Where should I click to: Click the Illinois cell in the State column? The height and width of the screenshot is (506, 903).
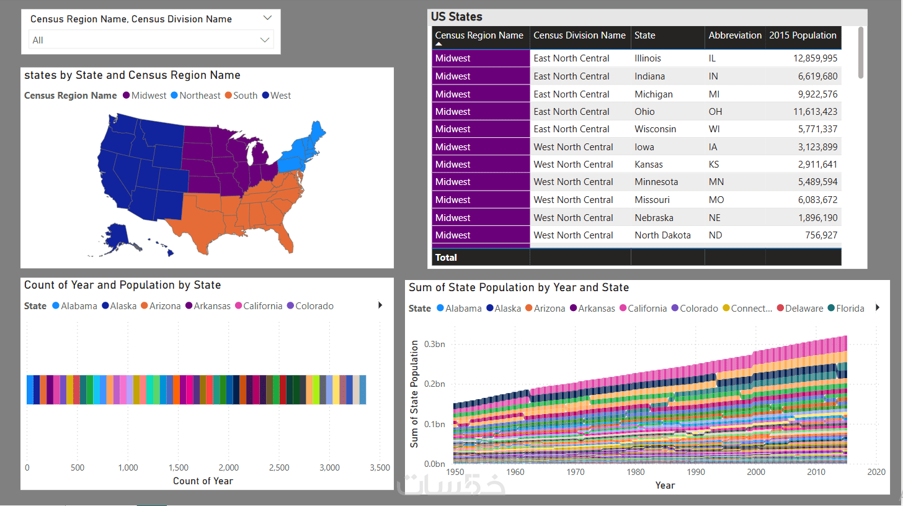click(647, 58)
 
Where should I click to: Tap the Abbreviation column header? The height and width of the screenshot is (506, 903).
click(735, 35)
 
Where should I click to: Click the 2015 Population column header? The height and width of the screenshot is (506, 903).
click(803, 35)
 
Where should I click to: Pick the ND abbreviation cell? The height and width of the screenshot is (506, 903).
click(716, 235)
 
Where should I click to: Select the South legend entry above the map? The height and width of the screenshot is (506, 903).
click(245, 96)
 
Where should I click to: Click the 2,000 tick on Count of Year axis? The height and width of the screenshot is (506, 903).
click(229, 468)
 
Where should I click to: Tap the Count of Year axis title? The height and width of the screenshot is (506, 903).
click(203, 481)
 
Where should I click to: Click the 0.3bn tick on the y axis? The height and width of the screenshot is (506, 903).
click(434, 344)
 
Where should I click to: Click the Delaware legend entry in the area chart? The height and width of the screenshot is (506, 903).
click(804, 309)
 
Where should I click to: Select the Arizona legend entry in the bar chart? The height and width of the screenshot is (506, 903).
click(165, 306)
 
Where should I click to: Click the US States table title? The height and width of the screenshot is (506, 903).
click(456, 17)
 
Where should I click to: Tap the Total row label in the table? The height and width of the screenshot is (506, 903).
click(446, 258)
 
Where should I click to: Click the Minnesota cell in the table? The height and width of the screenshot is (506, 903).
click(656, 182)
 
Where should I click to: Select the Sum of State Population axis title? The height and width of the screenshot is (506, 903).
click(414, 394)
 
